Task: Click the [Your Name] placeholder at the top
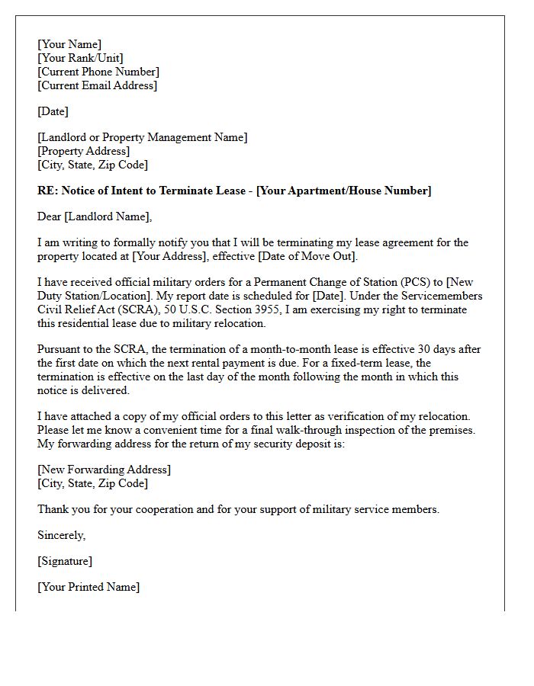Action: click(x=69, y=44)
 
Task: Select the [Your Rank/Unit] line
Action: click(x=80, y=58)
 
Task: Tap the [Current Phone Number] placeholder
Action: click(x=98, y=72)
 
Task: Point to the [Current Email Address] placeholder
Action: click(x=97, y=85)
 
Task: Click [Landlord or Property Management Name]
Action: click(x=143, y=137)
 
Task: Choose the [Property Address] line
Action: click(x=84, y=151)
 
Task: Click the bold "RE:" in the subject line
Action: click(x=47, y=191)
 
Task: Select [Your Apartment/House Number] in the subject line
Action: click(x=343, y=191)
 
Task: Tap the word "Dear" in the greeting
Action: click(x=50, y=216)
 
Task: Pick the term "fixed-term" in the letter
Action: click(x=372, y=363)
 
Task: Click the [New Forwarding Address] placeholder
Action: click(x=105, y=470)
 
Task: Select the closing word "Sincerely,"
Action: click(x=62, y=535)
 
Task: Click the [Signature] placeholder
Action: click(x=65, y=561)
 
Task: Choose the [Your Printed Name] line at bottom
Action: click(x=88, y=587)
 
